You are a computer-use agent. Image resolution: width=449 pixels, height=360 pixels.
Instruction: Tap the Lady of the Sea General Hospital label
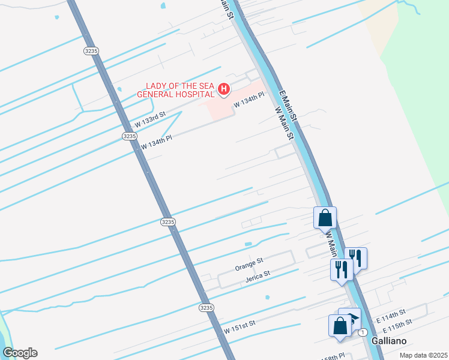[176, 90]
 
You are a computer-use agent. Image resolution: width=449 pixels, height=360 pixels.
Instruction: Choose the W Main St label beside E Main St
[284, 124]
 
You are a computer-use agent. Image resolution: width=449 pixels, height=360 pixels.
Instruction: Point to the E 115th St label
[397, 324]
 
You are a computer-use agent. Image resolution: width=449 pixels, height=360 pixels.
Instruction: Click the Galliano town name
[389, 340]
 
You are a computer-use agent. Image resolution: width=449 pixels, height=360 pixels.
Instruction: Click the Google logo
[20, 353]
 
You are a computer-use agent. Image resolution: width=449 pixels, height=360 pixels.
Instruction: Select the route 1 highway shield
[363, 332]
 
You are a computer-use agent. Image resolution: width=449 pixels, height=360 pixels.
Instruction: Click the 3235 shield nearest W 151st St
[206, 307]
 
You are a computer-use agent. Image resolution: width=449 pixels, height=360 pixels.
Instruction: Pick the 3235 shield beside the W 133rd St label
[128, 136]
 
